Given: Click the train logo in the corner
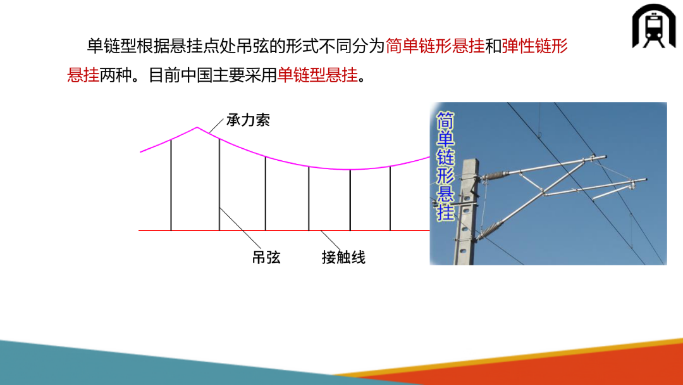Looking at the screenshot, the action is [x=654, y=26].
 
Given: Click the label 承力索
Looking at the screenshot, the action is [x=249, y=120].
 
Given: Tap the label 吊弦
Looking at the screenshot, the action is [x=266, y=257].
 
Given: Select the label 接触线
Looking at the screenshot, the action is [x=343, y=257].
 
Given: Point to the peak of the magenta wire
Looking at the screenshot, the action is [x=197, y=127].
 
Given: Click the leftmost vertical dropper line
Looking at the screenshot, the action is [x=171, y=184].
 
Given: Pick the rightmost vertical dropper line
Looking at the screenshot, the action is [x=390, y=198].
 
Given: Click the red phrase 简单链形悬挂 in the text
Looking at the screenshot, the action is [x=434, y=46].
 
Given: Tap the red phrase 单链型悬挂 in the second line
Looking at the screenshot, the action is [x=317, y=75].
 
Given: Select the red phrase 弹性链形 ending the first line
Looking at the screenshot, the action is [x=534, y=46].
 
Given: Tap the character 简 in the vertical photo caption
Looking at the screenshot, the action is [x=446, y=120].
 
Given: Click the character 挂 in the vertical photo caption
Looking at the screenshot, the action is [x=446, y=212].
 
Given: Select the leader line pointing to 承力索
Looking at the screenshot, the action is [x=216, y=125].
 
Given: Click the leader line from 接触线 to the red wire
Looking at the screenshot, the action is [x=331, y=240].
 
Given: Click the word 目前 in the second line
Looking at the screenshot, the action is [x=164, y=75].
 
